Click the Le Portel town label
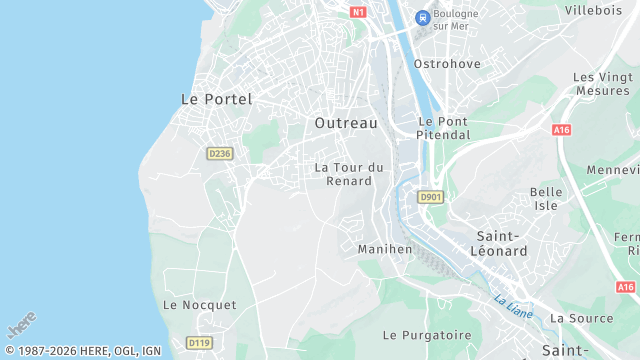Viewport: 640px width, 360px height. pyautogui.click(x=216, y=99)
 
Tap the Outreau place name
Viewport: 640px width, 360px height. pyautogui.click(x=346, y=122)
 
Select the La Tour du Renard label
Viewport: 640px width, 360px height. pyautogui.click(x=349, y=174)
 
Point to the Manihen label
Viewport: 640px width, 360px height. pyautogui.click(x=385, y=248)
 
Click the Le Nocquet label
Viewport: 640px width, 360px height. pyautogui.click(x=200, y=304)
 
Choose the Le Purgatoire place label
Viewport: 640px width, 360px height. pyautogui.click(x=427, y=334)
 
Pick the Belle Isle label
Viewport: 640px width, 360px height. pyautogui.click(x=545, y=198)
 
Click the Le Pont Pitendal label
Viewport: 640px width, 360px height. pyautogui.click(x=443, y=127)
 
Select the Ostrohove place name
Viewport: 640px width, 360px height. pyautogui.click(x=447, y=64)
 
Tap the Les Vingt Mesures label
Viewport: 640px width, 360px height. pyautogui.click(x=603, y=84)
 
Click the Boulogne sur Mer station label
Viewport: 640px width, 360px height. pyautogui.click(x=462, y=19)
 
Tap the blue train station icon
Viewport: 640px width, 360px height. pyautogui.click(x=423, y=17)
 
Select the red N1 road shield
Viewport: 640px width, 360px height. pyautogui.click(x=359, y=12)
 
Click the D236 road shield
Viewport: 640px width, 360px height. pyautogui.click(x=220, y=153)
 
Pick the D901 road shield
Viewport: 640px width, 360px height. pyautogui.click(x=431, y=197)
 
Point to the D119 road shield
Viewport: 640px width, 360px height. pyautogui.click(x=200, y=343)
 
